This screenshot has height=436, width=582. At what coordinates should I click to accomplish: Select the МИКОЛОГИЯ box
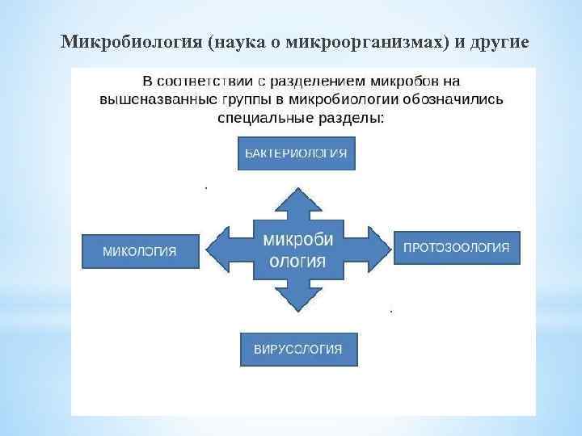tap(140, 250)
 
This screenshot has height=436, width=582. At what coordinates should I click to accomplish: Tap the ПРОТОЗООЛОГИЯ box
tap(457, 247)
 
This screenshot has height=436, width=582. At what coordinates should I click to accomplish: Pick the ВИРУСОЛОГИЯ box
tap(298, 349)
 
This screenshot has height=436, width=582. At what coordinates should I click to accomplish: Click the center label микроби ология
tap(298, 249)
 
